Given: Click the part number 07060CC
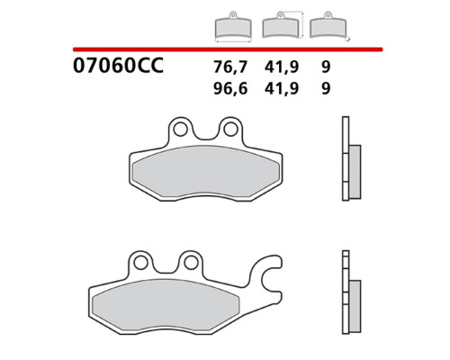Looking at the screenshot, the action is [x=118, y=66].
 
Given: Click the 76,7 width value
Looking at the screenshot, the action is [x=230, y=67].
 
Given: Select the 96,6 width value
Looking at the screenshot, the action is [x=230, y=88].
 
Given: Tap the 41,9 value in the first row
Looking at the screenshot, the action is [x=282, y=67].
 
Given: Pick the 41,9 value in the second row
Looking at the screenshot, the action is [x=282, y=88].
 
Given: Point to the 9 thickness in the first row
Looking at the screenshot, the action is [x=326, y=67].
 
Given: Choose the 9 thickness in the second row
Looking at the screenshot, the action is [x=326, y=88].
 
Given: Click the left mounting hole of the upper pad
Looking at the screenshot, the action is [x=180, y=130].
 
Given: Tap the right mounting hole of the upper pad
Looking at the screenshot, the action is [x=230, y=130].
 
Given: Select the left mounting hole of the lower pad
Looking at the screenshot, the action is [x=140, y=263].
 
